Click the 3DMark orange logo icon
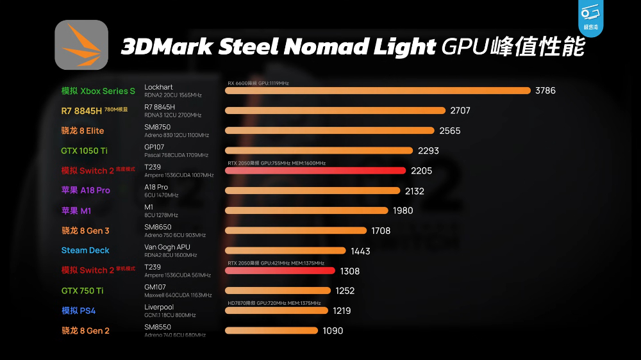(81, 45)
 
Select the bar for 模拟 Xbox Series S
(378, 91)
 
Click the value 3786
(545, 91)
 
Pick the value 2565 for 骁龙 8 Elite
(450, 131)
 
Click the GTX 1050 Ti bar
(319, 151)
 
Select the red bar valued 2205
(315, 170)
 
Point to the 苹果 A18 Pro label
(85, 190)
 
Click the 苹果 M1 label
(76, 211)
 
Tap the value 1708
(381, 231)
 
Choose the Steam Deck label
(85, 250)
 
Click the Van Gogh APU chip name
(167, 247)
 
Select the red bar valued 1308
(279, 270)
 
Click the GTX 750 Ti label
(82, 291)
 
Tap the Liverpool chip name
(159, 307)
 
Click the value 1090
(333, 331)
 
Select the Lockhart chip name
(158, 87)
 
